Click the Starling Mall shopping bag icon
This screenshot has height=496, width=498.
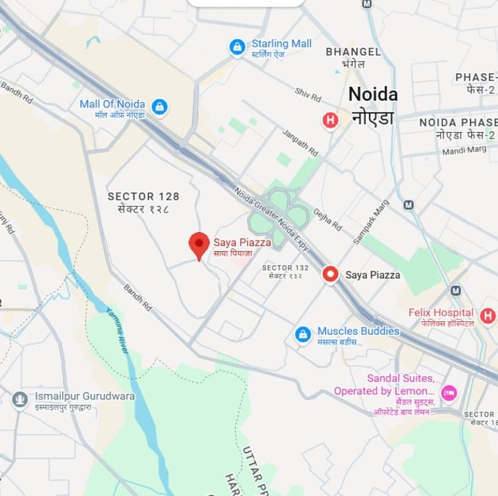click(237, 47)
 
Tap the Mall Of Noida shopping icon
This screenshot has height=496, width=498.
click(159, 108)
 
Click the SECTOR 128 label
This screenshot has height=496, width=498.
click(144, 197)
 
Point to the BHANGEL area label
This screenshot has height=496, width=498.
click(353, 52)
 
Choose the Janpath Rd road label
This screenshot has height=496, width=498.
click(300, 142)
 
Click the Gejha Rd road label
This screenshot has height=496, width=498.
click(328, 218)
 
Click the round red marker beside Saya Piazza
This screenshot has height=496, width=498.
click(331, 274)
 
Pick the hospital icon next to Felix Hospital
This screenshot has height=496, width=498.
click(487, 316)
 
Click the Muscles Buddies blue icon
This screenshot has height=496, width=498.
click(303, 334)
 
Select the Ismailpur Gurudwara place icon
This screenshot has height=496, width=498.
click(20, 400)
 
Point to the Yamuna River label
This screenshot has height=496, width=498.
click(118, 329)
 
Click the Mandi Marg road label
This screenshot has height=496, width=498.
click(465, 149)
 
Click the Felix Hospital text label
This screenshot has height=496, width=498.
click(441, 313)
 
